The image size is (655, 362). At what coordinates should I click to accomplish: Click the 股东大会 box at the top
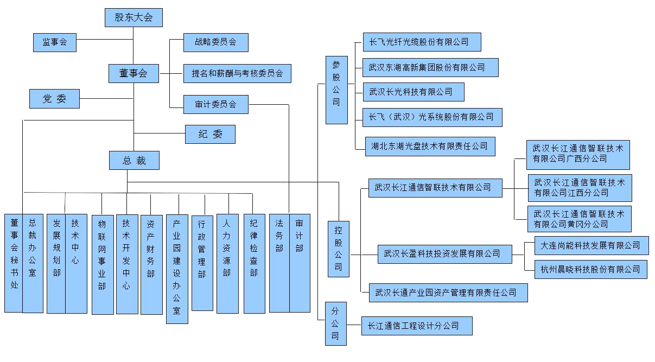tap(133, 17)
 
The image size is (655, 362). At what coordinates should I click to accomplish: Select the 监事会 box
tap(54, 42)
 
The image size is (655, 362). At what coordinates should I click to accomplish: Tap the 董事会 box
tap(133, 73)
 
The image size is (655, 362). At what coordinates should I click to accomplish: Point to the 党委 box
tap(54, 99)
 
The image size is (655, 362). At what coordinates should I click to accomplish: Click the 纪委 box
tap(210, 134)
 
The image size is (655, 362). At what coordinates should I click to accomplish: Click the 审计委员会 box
tap(216, 104)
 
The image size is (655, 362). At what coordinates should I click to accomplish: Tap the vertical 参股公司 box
tap(336, 90)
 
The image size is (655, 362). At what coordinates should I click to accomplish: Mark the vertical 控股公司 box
tap(338, 249)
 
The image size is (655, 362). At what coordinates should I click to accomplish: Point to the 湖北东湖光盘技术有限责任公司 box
tap(429, 146)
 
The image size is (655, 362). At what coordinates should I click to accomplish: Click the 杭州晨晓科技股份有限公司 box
tap(590, 269)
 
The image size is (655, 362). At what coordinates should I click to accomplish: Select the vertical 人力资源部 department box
tap(227, 263)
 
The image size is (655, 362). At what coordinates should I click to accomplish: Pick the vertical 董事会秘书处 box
tap(14, 263)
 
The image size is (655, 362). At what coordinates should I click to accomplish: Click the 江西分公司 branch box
tap(580, 188)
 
